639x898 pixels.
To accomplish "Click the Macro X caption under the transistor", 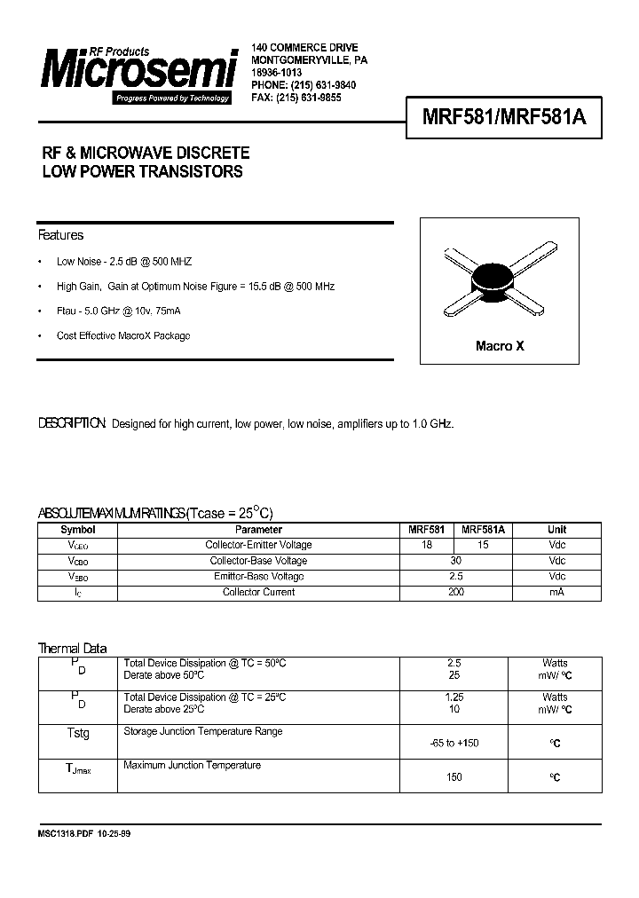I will (x=500, y=346).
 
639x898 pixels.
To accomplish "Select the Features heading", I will (x=60, y=235).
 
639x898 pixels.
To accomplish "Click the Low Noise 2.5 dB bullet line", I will (x=123, y=262).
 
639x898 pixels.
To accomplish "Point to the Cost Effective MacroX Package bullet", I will (x=123, y=336).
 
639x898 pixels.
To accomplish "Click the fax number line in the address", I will (x=296, y=98).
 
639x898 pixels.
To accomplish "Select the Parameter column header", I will (x=258, y=530).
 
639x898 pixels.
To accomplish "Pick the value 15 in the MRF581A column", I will (x=483, y=545).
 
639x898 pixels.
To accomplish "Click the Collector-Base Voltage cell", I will (x=258, y=561).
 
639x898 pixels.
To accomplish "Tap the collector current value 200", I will (x=455, y=592).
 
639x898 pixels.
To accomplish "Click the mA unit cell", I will (x=556, y=592).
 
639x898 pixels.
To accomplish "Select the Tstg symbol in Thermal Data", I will (x=78, y=734).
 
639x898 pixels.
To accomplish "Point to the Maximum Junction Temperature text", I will (x=192, y=765).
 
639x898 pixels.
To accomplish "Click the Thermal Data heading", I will (x=72, y=649).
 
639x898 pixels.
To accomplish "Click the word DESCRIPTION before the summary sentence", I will (x=72, y=424).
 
